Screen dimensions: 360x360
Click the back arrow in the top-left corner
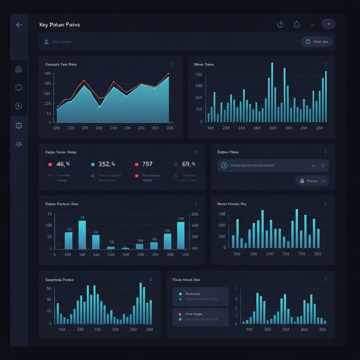click(19, 25)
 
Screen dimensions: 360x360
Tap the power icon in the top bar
click(281, 24)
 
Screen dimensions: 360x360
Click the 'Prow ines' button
click(317, 42)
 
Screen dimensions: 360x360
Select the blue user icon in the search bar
click(46, 42)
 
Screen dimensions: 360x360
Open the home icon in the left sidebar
click(19, 69)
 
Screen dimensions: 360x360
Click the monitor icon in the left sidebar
click(19, 88)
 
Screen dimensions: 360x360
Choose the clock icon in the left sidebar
click(19, 106)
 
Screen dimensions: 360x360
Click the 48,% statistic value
click(63, 164)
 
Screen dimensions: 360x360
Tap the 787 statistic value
click(147, 164)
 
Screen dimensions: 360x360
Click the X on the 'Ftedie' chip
click(323, 181)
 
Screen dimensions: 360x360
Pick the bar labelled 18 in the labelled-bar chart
click(82, 234)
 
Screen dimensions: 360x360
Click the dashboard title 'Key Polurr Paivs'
click(60, 25)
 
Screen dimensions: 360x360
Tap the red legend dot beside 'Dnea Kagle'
click(180, 314)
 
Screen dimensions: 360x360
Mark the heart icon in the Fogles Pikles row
click(323, 165)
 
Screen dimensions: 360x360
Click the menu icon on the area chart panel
click(172, 65)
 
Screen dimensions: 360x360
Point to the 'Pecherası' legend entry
click(192, 294)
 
